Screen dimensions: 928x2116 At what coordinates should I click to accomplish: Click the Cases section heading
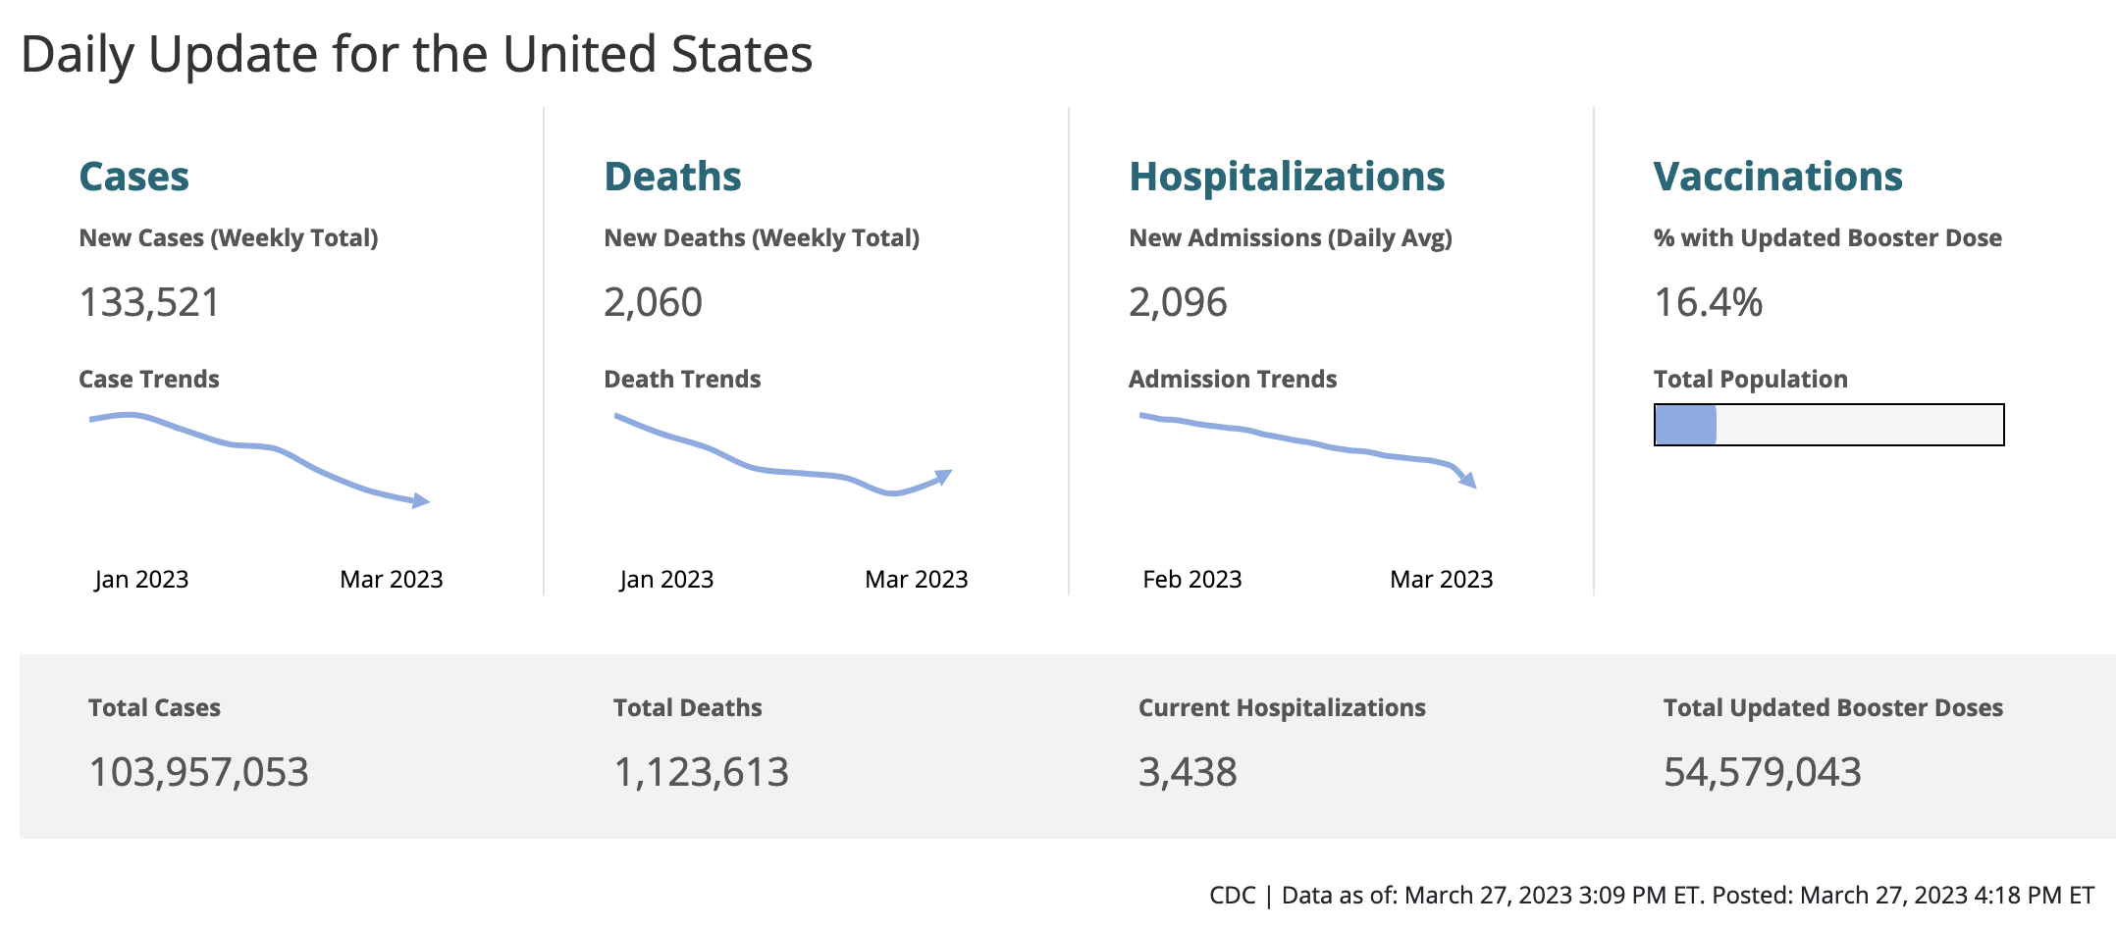point(133,177)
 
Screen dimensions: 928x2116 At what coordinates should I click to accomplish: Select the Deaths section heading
point(672,177)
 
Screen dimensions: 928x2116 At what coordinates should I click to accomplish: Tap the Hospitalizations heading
point(1287,177)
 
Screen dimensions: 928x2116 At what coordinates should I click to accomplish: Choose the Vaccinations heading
point(1777,177)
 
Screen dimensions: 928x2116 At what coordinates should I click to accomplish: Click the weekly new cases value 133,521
point(149,302)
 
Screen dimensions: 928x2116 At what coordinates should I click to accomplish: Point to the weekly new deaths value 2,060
point(653,302)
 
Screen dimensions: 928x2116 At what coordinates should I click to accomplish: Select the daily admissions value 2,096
point(1178,302)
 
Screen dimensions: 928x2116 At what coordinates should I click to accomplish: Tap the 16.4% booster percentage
point(1708,302)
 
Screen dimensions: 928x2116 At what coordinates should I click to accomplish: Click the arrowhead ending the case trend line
point(421,501)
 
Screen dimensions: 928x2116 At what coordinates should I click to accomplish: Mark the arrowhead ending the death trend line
point(943,477)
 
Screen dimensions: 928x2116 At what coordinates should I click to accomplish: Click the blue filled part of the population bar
point(1685,425)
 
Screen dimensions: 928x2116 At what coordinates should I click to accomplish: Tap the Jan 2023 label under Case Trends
point(141,580)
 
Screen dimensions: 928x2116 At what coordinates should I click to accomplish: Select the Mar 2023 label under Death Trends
point(916,580)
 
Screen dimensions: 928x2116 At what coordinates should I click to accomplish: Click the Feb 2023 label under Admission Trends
point(1191,580)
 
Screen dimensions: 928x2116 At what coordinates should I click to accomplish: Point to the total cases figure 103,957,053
point(198,772)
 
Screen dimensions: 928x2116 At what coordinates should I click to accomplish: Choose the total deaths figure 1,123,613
point(701,772)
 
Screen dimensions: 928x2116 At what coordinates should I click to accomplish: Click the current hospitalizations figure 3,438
point(1188,772)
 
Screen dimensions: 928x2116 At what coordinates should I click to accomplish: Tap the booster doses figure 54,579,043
point(1762,772)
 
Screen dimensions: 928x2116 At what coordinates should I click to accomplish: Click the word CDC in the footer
point(1232,896)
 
